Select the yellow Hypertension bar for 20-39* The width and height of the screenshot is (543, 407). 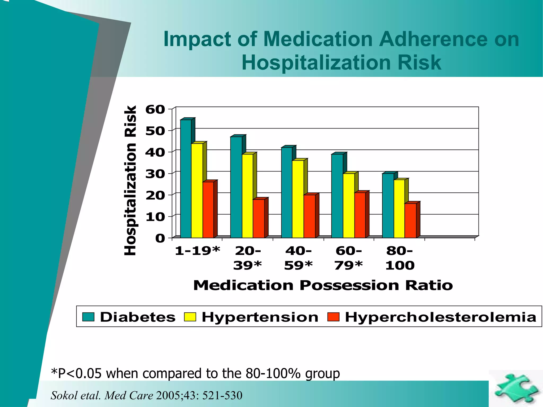coord(247,196)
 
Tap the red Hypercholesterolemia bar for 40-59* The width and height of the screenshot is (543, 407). coord(309,216)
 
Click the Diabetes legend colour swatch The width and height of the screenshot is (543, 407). coord(88,317)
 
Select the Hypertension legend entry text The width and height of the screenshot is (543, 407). coord(260,317)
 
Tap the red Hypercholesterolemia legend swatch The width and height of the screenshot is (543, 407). coord(333,317)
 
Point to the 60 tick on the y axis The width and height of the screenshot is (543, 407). coord(155,109)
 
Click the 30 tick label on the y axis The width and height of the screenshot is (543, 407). coord(155,174)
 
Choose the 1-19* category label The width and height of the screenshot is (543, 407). coord(198,251)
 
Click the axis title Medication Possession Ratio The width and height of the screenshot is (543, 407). coord(323,285)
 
